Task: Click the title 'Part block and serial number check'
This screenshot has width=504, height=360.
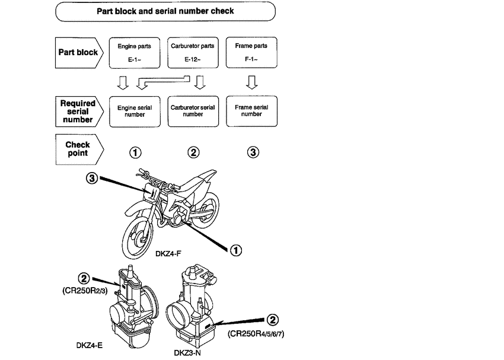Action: coord(165,11)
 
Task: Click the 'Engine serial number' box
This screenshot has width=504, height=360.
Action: coord(135,111)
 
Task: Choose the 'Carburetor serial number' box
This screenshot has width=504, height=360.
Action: coord(193,111)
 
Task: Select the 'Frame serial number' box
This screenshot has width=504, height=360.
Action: coord(252,111)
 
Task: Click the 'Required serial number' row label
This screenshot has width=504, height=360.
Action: coord(78,111)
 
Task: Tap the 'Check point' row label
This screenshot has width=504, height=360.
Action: coord(78,149)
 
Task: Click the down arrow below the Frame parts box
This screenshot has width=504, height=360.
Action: coord(252,81)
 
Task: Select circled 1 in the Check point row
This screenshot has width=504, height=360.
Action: coord(135,152)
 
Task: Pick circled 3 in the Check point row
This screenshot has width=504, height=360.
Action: coord(253,152)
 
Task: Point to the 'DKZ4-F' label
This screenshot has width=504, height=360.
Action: coord(168,254)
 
